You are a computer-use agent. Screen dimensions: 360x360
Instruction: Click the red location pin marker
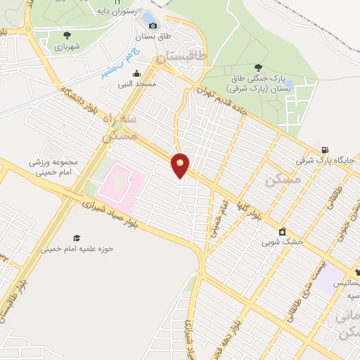(181, 164)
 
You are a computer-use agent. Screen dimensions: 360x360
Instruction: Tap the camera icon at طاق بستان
(153, 27)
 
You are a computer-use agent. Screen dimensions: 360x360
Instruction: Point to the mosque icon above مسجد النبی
(136, 73)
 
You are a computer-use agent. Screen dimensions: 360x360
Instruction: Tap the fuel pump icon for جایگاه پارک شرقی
(324, 150)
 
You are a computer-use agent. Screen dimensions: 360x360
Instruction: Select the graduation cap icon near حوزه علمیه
(77, 238)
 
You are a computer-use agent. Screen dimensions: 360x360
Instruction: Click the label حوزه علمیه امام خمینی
(67, 248)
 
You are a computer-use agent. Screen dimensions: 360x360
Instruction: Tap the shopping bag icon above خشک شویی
(282, 231)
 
